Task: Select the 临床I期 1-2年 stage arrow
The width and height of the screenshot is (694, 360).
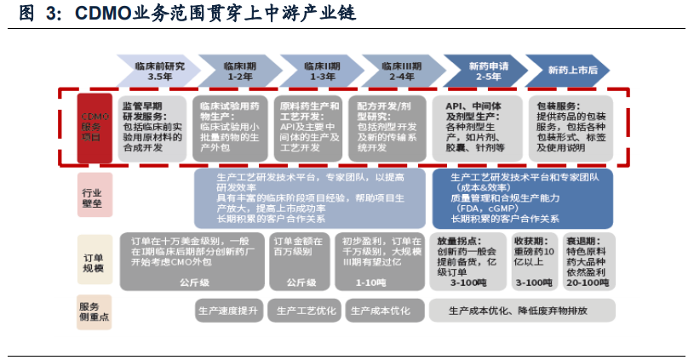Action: (x=239, y=70)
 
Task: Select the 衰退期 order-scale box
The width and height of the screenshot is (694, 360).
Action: (x=587, y=260)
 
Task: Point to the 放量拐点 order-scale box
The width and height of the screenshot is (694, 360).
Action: (x=467, y=260)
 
